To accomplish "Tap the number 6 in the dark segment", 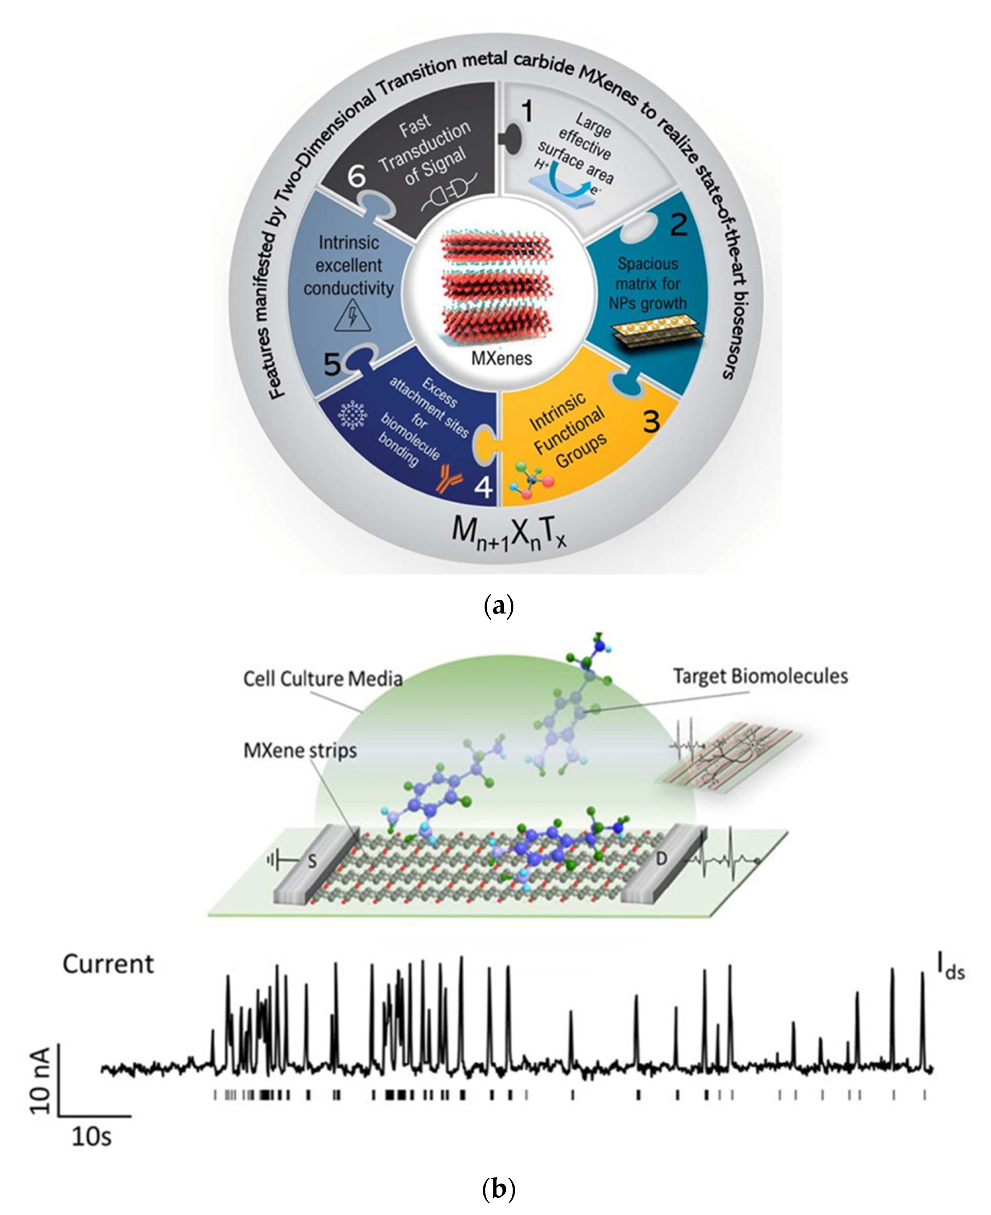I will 356,175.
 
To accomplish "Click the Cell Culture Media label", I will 322,679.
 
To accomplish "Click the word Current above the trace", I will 108,964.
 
